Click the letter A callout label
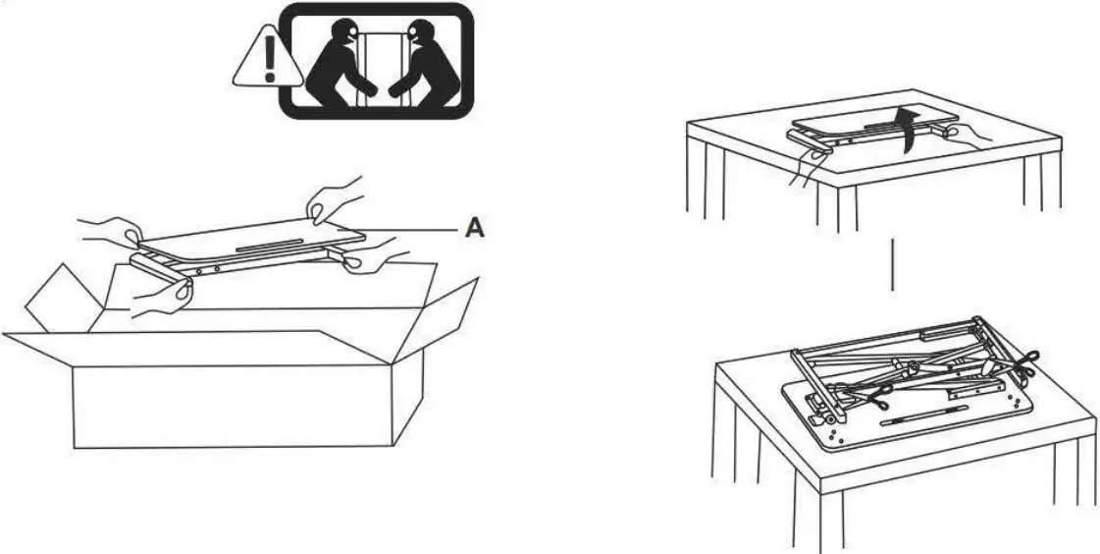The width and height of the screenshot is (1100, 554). coord(474,229)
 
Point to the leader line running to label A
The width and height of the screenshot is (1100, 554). coord(412,230)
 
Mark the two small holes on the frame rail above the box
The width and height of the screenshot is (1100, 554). coord(207,268)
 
